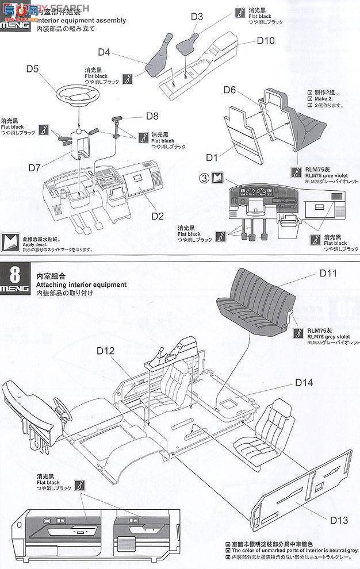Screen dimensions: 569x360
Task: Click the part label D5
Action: (32, 70)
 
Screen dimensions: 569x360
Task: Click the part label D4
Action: (104, 52)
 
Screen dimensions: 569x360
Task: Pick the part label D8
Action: (152, 116)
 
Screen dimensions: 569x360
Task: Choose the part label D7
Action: (35, 168)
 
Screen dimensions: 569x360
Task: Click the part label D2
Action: (158, 216)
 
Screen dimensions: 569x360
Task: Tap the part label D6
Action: (229, 90)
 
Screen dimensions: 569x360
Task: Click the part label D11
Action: (327, 273)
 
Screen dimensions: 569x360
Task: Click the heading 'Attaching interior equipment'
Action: (81, 284)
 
